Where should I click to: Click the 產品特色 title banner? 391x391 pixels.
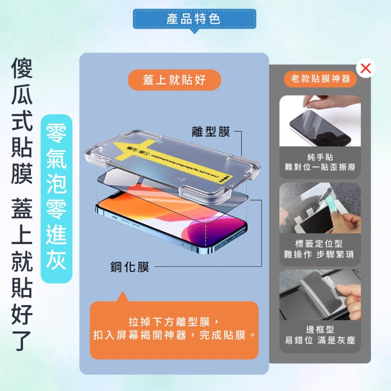[x=194, y=19]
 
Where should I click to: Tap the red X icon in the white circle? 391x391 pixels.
[x=366, y=68]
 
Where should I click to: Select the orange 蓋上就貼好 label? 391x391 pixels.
[x=174, y=80]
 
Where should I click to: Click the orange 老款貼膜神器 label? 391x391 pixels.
[x=320, y=79]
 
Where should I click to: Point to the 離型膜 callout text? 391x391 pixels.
[x=211, y=132]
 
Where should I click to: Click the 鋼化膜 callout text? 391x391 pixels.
[x=129, y=267]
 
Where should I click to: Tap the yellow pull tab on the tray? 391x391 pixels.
[x=172, y=156]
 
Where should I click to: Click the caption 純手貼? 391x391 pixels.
[x=320, y=157]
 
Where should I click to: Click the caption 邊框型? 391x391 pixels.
[x=320, y=330]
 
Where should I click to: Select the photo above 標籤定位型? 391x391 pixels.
[x=320, y=208]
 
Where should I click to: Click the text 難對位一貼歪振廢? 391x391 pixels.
[x=320, y=167]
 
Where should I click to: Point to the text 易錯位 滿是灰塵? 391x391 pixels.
[x=320, y=341]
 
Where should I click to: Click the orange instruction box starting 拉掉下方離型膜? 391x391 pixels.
[x=174, y=330]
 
